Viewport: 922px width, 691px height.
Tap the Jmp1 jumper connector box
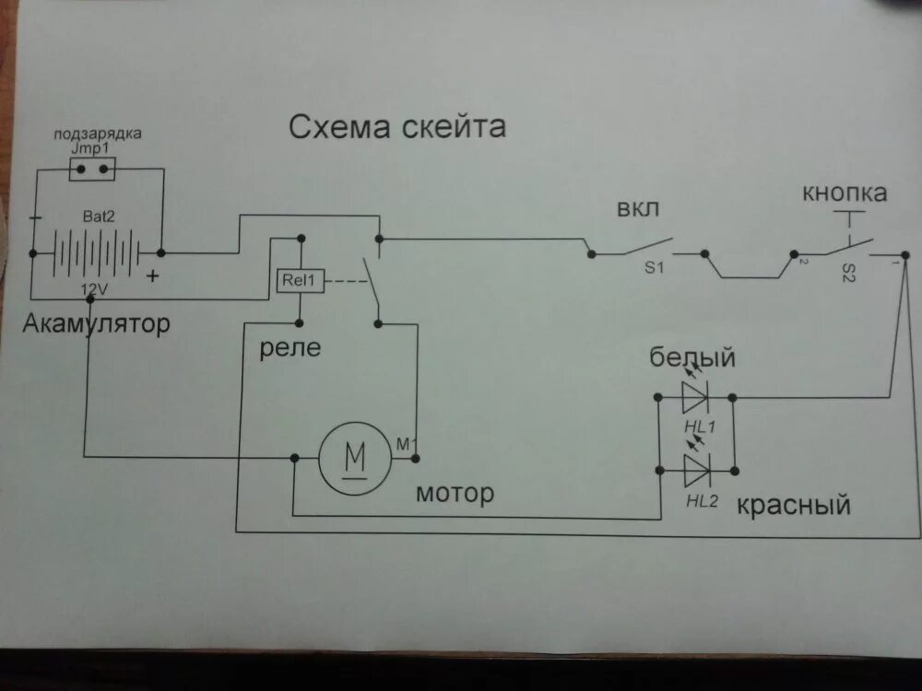92,168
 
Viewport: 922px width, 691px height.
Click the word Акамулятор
96,324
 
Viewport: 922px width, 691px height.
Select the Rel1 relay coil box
299,280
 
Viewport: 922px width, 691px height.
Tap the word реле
290,347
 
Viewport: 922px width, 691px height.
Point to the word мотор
455,493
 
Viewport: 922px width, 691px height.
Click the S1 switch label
656,267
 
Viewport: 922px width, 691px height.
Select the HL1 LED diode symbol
695,397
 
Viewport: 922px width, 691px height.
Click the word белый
692,356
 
